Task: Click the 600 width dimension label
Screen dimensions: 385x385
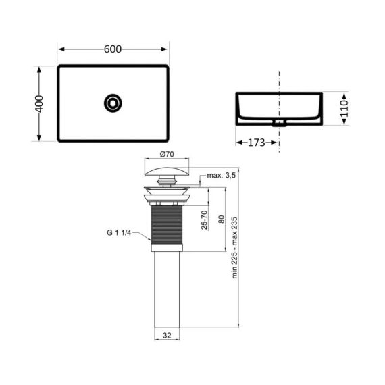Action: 113,49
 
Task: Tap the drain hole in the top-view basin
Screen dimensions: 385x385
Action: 112,103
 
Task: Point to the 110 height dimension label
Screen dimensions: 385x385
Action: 344,109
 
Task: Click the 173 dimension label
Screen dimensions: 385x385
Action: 257,143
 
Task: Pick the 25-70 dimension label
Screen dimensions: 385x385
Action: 203,220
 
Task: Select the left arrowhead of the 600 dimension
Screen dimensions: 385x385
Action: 60,49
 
